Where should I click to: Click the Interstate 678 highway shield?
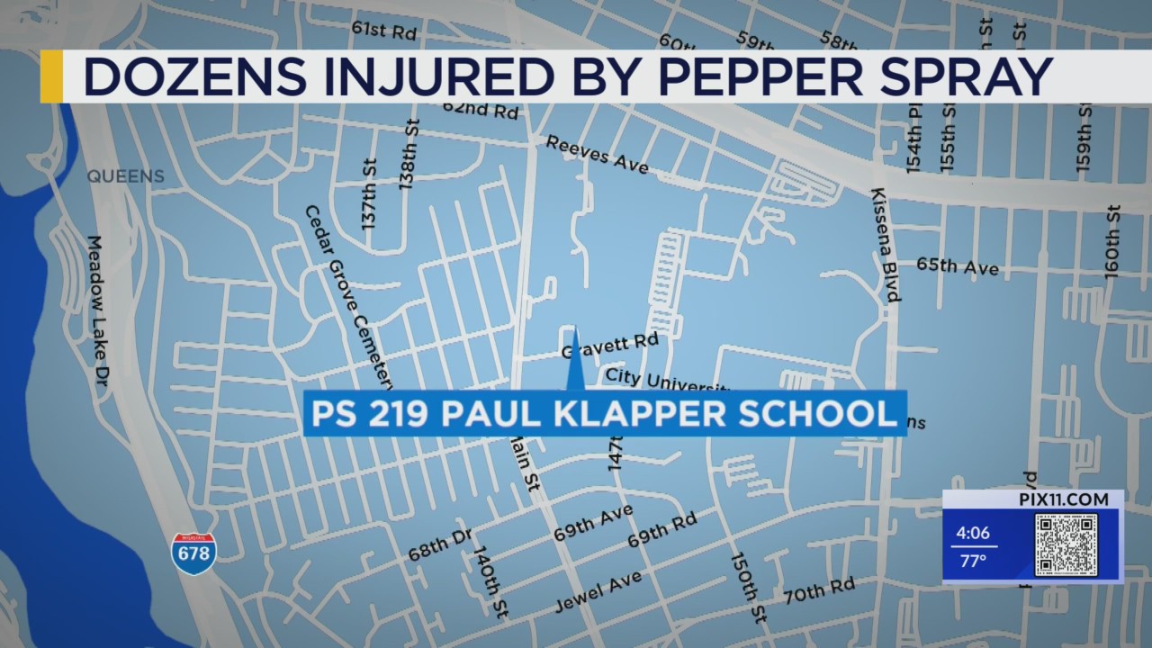193,553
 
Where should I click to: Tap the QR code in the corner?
1066,545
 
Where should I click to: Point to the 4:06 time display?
972,533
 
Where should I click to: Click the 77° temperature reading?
970,561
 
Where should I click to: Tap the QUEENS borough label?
126,176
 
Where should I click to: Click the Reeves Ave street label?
597,154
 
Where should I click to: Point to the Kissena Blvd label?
885,245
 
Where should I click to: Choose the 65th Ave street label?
957,266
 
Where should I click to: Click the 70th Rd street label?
818,590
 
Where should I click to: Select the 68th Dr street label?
440,544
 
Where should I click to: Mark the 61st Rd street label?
383,31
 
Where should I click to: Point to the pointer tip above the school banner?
573,331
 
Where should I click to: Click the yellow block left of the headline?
51,76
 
